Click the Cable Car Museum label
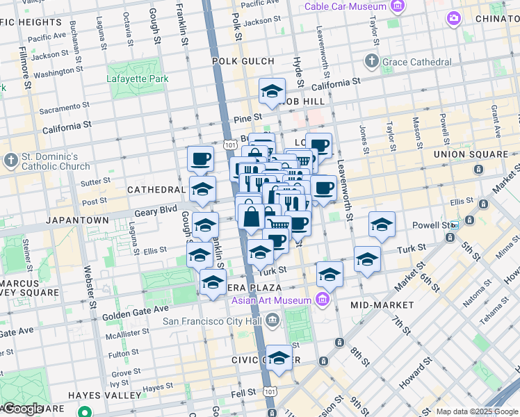tap(345, 6)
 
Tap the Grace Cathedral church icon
tap(372, 62)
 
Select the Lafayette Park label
tap(137, 79)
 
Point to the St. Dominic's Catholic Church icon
tap(11, 161)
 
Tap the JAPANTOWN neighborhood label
tap(77, 220)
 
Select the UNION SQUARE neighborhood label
tap(470, 154)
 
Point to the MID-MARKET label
tap(382, 304)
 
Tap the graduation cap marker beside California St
tap(272, 91)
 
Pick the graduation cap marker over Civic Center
tap(279, 357)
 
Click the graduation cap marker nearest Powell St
tap(382, 224)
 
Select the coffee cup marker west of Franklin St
tap(200, 158)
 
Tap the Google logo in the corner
tap(23, 409)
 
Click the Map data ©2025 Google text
tap(476, 411)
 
